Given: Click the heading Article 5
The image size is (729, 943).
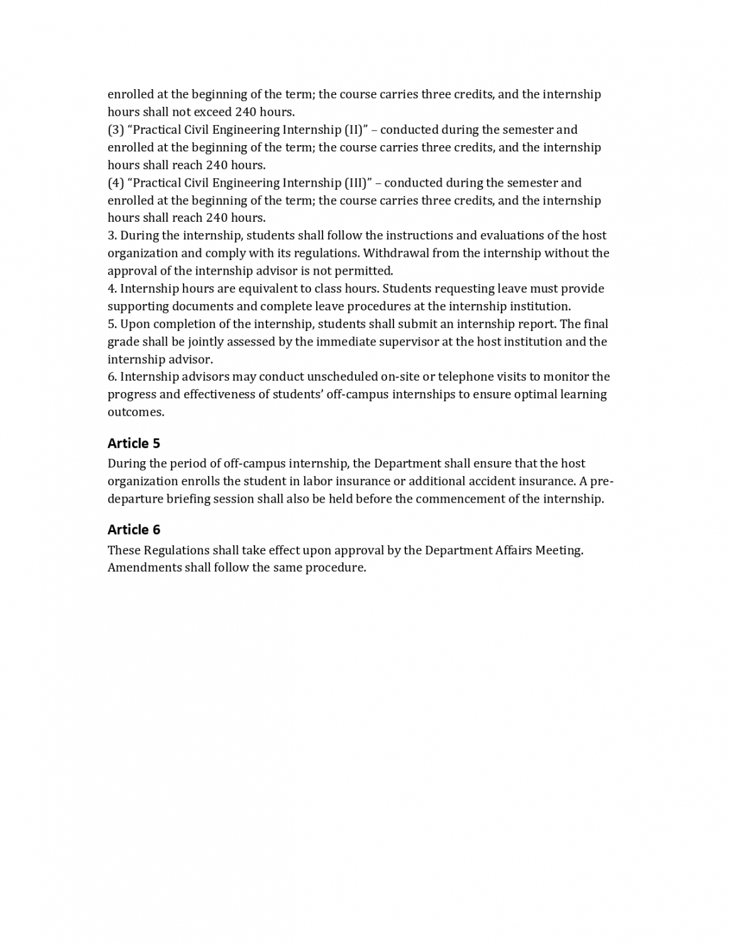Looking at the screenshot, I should tap(134, 444).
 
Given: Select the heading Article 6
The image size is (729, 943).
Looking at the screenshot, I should tap(134, 530).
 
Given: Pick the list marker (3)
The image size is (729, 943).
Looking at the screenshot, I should tap(116, 130).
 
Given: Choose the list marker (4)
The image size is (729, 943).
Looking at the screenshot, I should tap(116, 183).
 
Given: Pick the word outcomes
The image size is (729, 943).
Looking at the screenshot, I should tap(135, 413).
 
